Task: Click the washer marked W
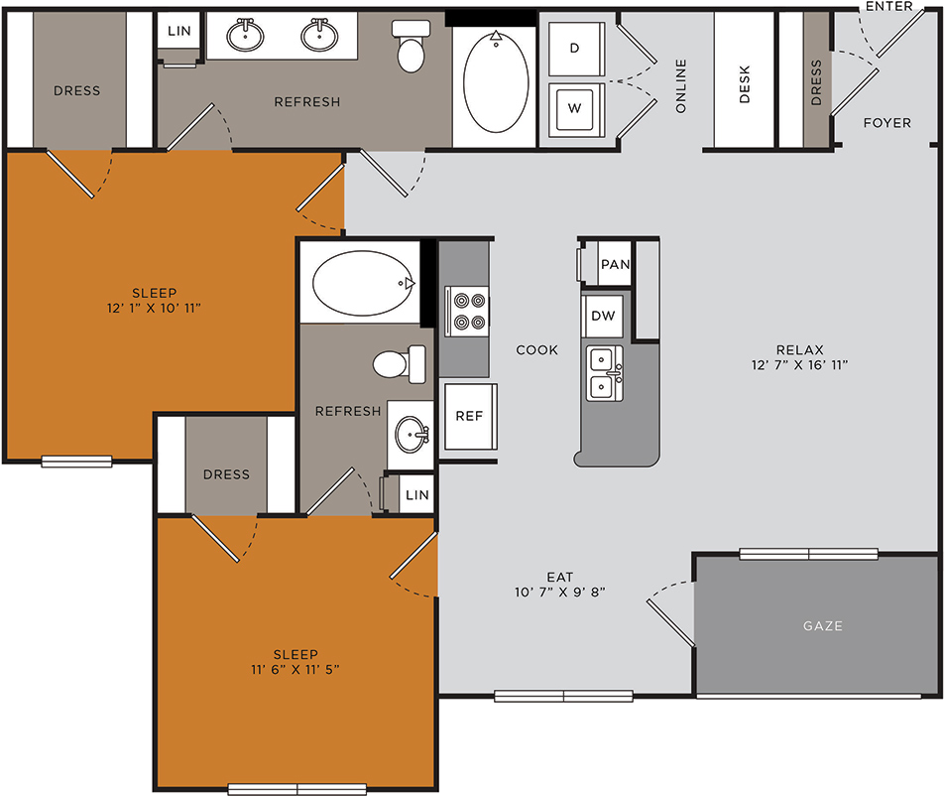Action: coord(576,109)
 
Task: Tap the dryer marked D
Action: coord(576,49)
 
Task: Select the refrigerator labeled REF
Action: coord(470,417)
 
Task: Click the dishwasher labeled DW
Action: coord(603,316)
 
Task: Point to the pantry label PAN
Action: coord(615,264)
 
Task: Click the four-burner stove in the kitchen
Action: coord(468,311)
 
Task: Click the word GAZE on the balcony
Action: coord(822,626)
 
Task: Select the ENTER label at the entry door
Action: coord(889,6)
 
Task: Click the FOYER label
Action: coord(886,123)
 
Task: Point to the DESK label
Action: coord(745,84)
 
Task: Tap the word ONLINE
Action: coord(681,85)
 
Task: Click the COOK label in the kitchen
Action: coord(537,350)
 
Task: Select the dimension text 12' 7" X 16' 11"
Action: coord(799,365)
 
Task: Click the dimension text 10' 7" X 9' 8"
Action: coord(560,593)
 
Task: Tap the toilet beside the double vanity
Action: coord(412,46)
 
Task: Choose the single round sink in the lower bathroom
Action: coord(412,434)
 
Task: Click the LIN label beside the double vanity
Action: coord(178,31)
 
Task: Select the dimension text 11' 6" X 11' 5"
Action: coord(295,670)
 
